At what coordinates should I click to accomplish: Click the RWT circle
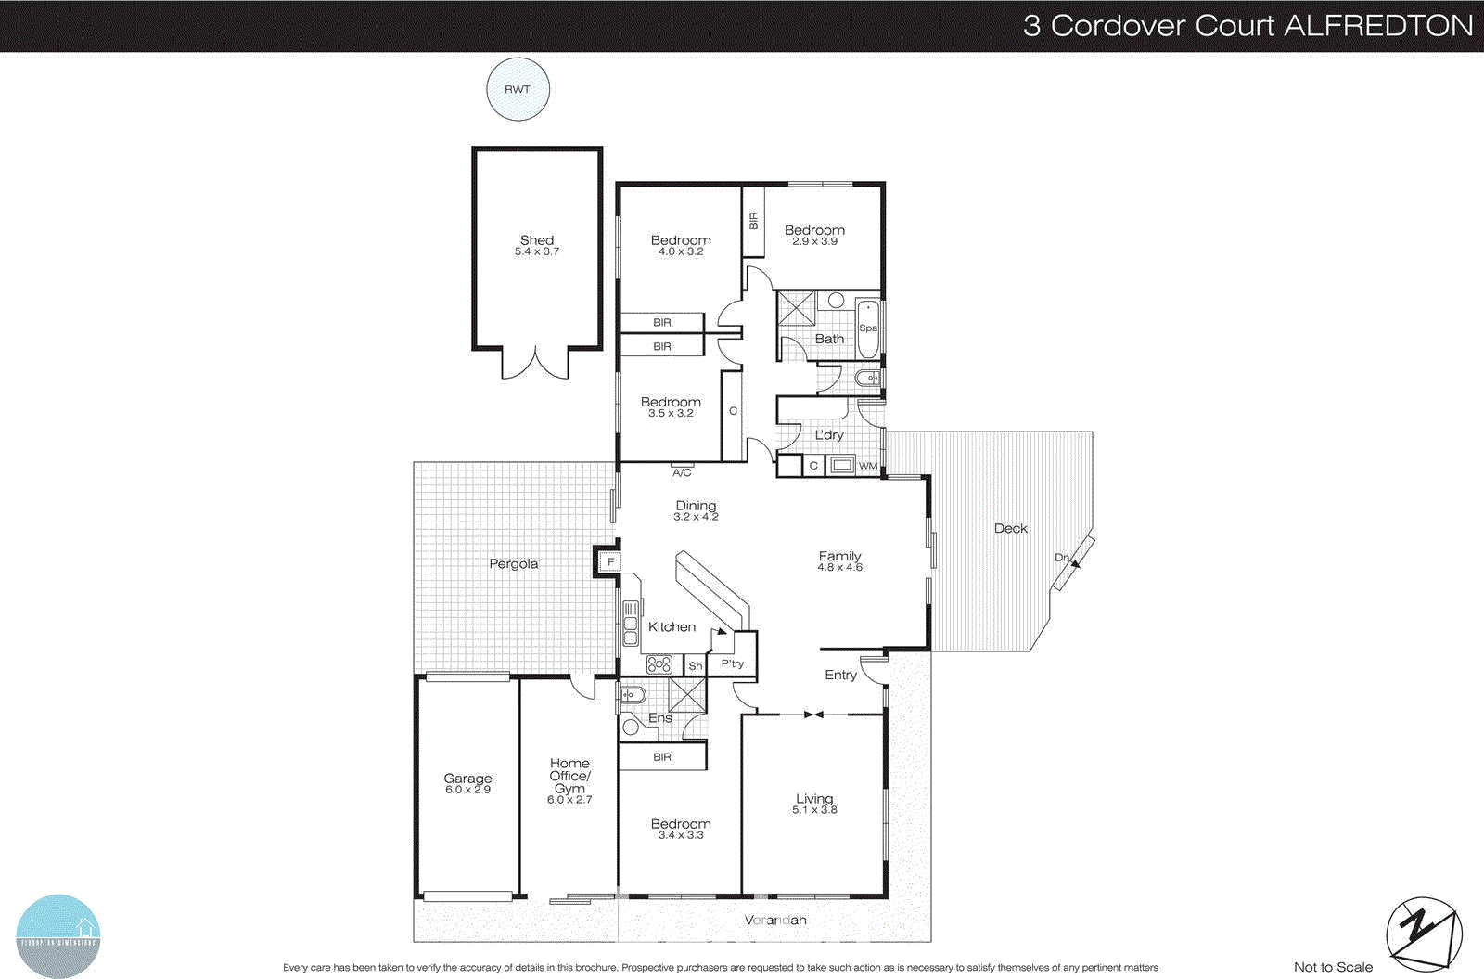click(x=518, y=89)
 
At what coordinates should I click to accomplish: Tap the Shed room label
click(x=537, y=239)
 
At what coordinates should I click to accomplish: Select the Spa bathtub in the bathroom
click(x=868, y=328)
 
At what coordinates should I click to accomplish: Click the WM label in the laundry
click(x=868, y=466)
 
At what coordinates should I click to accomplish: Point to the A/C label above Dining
click(x=682, y=472)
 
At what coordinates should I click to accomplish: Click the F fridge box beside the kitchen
click(x=609, y=561)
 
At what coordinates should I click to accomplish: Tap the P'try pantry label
click(x=733, y=663)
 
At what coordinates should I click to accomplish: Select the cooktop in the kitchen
click(x=659, y=663)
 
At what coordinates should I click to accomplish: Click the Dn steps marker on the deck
click(x=1063, y=558)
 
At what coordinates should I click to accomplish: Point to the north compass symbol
click(x=1424, y=934)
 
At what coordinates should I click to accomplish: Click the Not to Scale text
click(x=1333, y=967)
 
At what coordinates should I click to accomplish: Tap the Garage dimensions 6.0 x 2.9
click(x=467, y=790)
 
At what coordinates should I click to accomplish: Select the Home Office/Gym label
click(x=569, y=776)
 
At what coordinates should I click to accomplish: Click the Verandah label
click(x=775, y=920)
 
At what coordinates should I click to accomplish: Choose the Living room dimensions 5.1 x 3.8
click(x=814, y=810)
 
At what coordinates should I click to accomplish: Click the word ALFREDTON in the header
click(x=1378, y=25)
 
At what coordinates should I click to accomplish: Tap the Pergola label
click(x=513, y=563)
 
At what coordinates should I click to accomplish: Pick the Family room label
click(x=839, y=556)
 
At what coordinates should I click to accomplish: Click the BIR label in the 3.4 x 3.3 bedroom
click(x=662, y=757)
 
